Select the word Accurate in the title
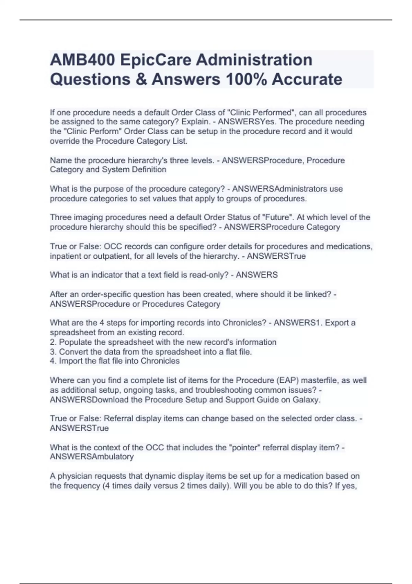pos(307,79)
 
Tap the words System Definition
pos(134,170)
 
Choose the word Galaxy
pos(306,400)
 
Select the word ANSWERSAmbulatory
pos(92,457)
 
